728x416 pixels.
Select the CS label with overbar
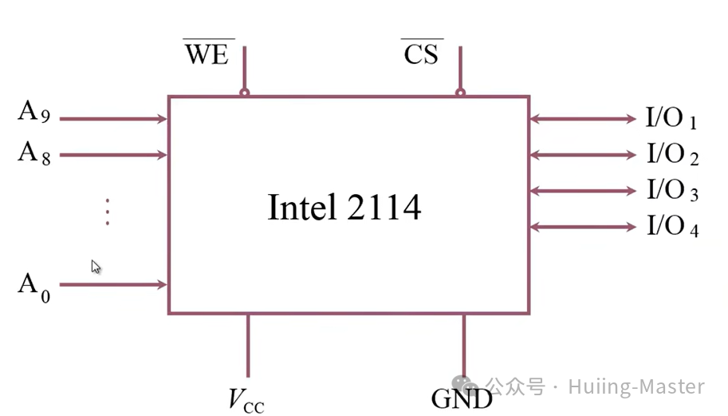422,54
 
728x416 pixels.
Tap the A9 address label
34,113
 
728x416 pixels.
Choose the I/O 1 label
671,119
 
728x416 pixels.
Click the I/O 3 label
672,191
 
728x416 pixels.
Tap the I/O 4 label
672,227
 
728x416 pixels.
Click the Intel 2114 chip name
344,208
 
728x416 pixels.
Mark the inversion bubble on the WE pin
245,93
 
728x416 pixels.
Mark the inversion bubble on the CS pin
460,93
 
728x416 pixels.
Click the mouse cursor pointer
96,267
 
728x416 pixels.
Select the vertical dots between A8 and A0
107,212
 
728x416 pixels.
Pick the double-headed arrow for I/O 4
583,227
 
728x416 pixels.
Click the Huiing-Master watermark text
636,387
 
